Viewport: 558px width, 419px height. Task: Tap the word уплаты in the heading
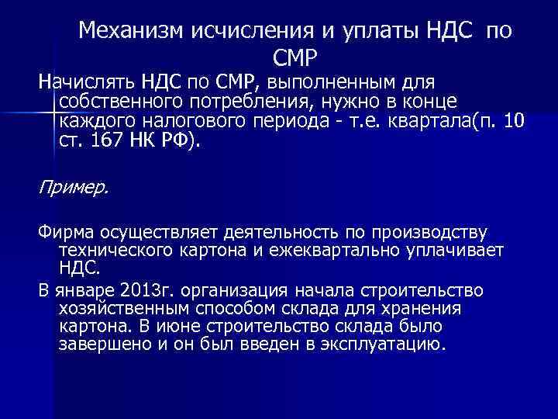[x=371, y=32]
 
